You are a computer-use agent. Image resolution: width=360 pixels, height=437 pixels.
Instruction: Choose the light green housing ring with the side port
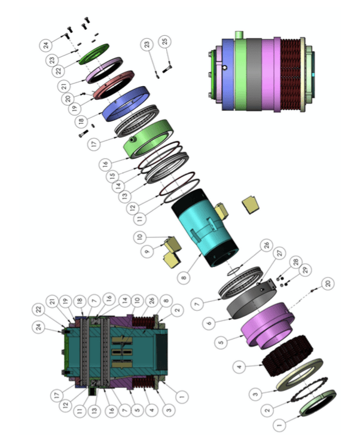coord(148,139)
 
